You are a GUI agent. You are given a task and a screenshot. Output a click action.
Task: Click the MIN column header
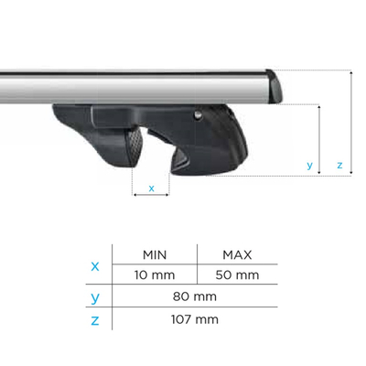[154, 254]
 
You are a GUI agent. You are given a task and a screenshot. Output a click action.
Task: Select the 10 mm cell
[154, 274]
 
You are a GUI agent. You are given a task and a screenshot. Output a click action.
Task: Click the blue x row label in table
[96, 266]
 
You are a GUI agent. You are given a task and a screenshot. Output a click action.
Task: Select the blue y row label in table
[96, 297]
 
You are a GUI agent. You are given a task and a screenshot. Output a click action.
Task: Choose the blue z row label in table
[96, 319]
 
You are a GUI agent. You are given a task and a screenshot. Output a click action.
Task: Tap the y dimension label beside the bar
[310, 166]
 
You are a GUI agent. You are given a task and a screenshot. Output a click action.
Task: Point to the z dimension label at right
[339, 166]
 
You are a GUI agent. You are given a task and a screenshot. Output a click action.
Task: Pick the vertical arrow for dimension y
[318, 137]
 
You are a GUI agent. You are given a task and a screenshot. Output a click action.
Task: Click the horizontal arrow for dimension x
[151, 194]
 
